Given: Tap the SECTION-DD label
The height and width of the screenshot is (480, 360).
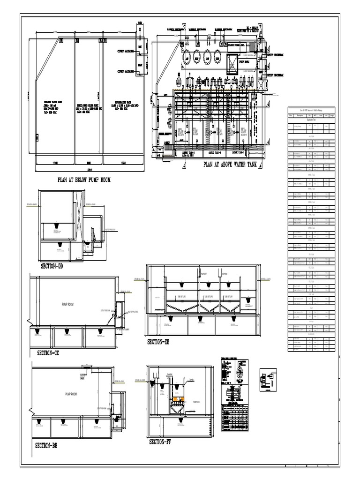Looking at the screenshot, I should tap(52, 266).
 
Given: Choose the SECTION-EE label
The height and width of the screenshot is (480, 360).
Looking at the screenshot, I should tap(158, 342).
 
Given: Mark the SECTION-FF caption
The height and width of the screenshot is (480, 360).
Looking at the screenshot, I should tap(160, 442).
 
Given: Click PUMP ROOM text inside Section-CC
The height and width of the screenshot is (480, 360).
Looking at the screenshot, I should tap(68, 304).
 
